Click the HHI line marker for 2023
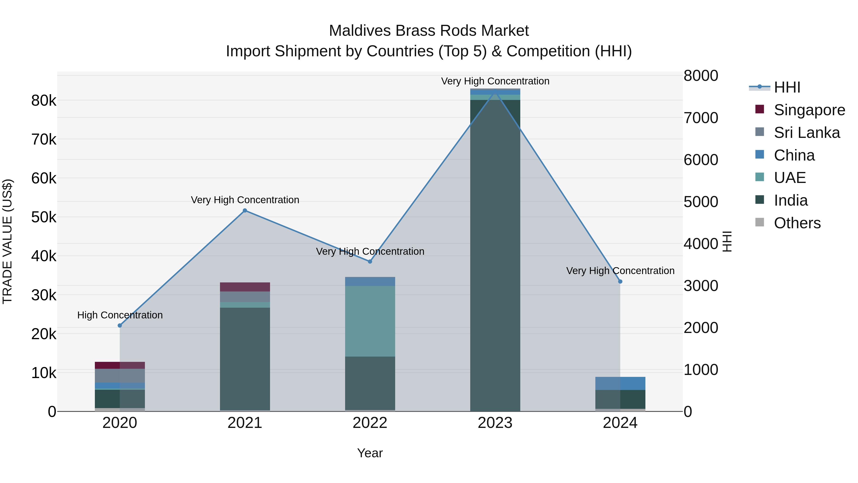pyautogui.click(x=495, y=91)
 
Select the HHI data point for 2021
pyautogui.click(x=245, y=210)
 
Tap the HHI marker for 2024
pyautogui.click(x=620, y=282)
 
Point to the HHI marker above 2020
pyautogui.click(x=120, y=325)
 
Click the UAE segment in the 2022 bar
pyautogui.click(x=370, y=321)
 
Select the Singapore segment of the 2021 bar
pyautogui.click(x=245, y=287)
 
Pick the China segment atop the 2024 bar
pyautogui.click(x=620, y=383)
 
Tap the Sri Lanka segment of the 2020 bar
pyautogui.click(x=120, y=376)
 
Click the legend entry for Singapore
pyautogui.click(x=809, y=110)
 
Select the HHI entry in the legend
pyautogui.click(x=787, y=87)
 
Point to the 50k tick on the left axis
pyautogui.click(x=44, y=217)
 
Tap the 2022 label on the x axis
pyautogui.click(x=370, y=423)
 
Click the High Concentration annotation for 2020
pyautogui.click(x=120, y=315)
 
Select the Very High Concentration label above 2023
pyautogui.click(x=495, y=81)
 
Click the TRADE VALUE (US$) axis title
pyautogui.click(x=7, y=241)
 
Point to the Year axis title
pyautogui.click(x=370, y=453)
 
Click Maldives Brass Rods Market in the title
pyautogui.click(x=429, y=31)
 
